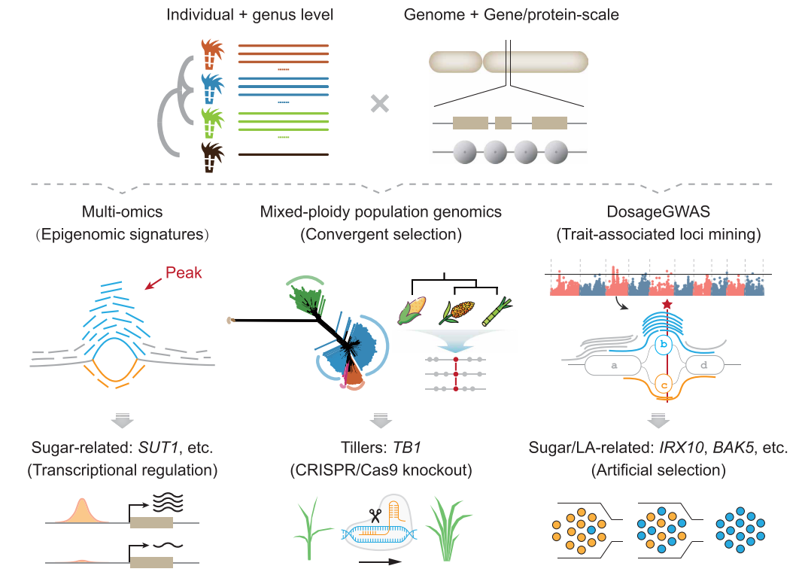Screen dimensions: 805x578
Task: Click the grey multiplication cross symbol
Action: pyautogui.click(x=380, y=104)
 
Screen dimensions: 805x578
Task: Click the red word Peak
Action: pyautogui.click(x=184, y=272)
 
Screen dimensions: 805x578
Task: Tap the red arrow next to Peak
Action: pyautogui.click(x=153, y=283)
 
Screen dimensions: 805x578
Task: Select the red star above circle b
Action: pyautogui.click(x=667, y=304)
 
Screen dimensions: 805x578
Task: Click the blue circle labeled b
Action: pyautogui.click(x=664, y=344)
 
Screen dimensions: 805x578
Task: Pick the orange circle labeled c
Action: pyautogui.click(x=664, y=385)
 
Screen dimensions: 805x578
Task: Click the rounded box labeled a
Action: pyautogui.click(x=613, y=365)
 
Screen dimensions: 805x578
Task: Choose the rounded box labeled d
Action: pyautogui.click(x=704, y=365)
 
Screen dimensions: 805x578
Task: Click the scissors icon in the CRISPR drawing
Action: pyautogui.click(x=375, y=516)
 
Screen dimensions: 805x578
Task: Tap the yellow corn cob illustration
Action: pyautogui.click(x=412, y=310)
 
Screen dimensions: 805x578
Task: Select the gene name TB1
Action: pyautogui.click(x=406, y=448)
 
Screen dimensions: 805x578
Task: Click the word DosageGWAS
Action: pyautogui.click(x=658, y=211)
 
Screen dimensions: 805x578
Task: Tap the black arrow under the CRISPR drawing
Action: pyautogui.click(x=380, y=561)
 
